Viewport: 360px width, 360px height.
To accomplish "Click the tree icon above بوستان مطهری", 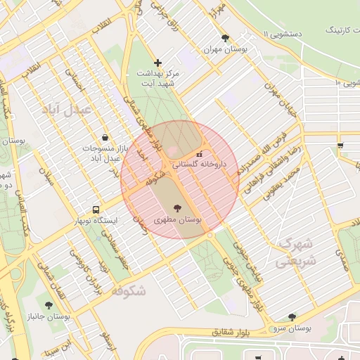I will click(175, 207).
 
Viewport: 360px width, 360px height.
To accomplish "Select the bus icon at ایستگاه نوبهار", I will click(96, 210).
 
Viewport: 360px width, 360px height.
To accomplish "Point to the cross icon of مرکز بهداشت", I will click(157, 63).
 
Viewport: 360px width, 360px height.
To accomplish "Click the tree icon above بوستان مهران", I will click(225, 39).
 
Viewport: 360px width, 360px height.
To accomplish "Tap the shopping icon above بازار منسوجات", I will click(105, 137).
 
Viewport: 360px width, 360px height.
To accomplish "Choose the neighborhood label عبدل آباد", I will click(67, 110).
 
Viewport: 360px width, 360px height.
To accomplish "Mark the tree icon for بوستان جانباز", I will click(49, 305).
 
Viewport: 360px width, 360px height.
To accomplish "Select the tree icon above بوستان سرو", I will click(292, 317).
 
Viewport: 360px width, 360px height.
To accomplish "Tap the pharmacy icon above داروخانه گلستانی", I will click(200, 154).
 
